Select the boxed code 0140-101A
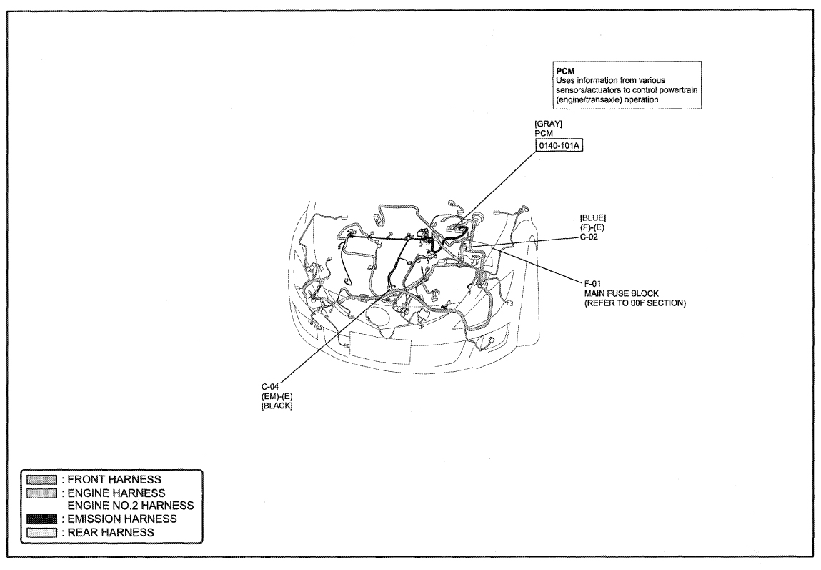coord(559,145)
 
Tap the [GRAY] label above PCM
coord(548,124)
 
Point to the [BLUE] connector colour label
coord(593,217)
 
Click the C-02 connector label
coord(589,237)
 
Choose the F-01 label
coord(593,284)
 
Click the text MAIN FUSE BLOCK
coord(622,293)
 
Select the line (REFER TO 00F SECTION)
coord(635,303)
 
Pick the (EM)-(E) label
coord(277,396)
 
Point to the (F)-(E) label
coord(592,227)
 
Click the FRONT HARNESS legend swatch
coord(41,479)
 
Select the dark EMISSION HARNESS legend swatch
coord(41,519)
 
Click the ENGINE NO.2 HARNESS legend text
coord(131,506)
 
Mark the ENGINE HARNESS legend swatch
coord(41,493)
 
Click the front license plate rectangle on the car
coord(380,346)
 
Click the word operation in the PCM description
coord(642,99)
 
